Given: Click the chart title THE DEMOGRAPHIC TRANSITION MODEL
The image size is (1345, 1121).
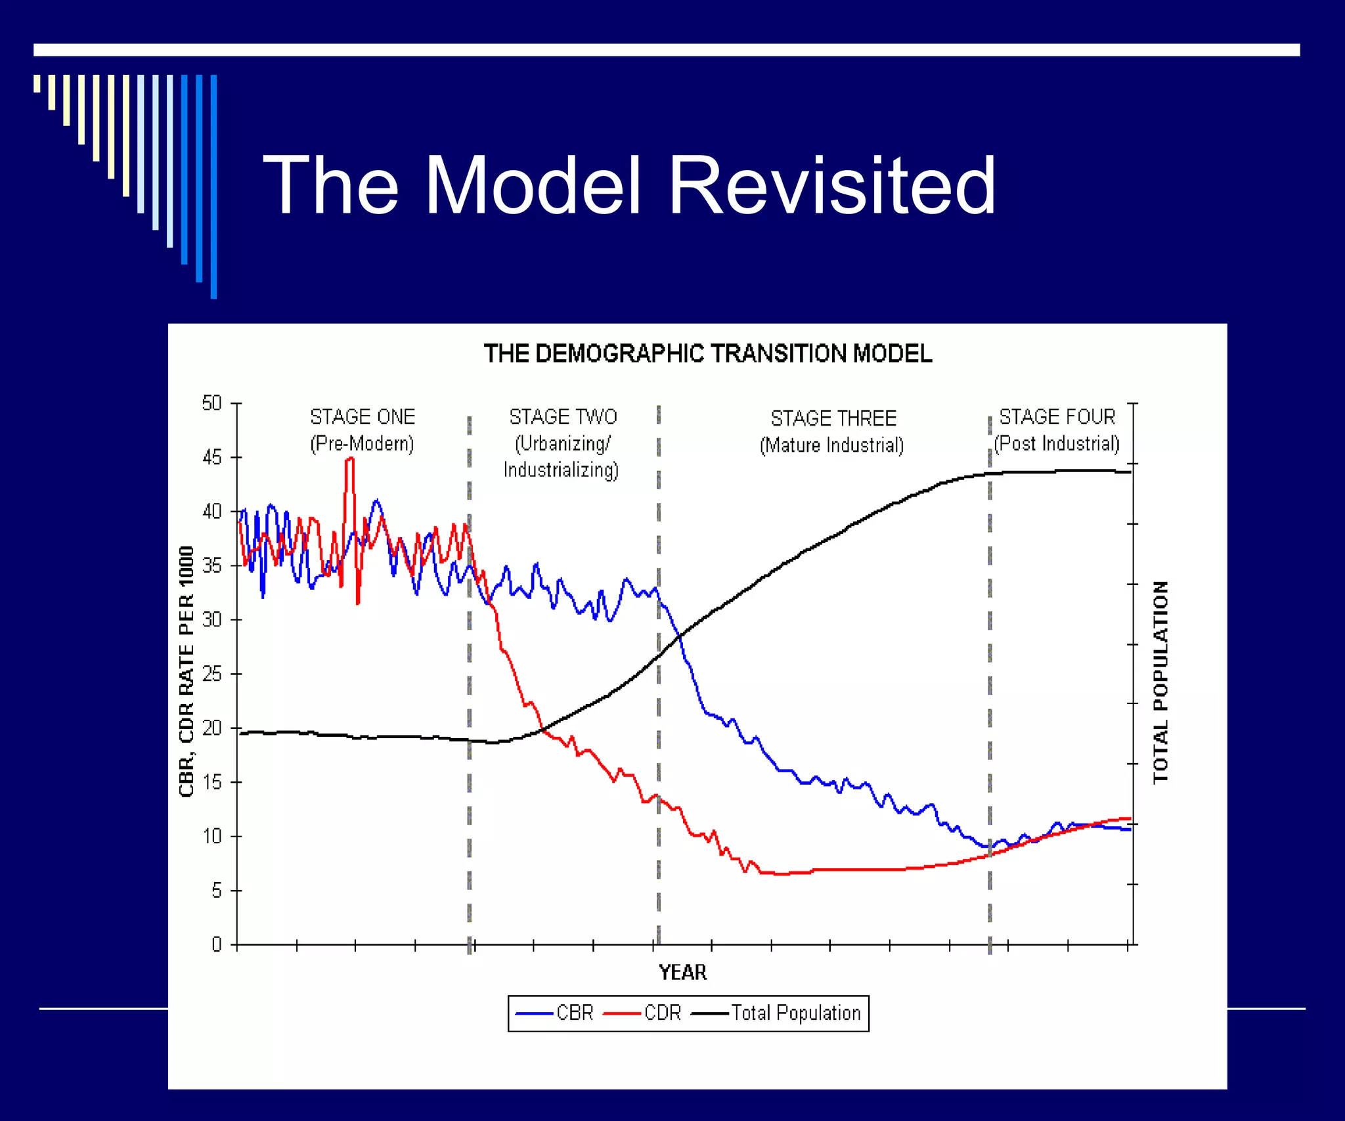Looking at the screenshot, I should point(707,354).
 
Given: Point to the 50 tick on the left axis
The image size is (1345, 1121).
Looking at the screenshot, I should point(212,403).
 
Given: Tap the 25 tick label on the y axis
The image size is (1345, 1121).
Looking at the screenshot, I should point(212,674).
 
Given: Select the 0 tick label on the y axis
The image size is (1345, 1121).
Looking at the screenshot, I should point(216,944).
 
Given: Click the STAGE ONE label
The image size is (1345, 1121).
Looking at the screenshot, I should point(363,417).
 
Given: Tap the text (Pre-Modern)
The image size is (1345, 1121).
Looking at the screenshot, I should point(362,444).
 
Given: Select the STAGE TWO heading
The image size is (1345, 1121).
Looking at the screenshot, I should point(563,417).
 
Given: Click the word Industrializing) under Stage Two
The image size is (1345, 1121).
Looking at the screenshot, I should point(561,470).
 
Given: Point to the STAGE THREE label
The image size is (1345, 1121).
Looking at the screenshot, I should point(833,418).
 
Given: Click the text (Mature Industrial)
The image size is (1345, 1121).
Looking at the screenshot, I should point(831,445).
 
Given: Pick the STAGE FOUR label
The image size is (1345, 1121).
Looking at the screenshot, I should point(1057,417).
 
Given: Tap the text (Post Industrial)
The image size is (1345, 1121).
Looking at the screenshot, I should point(1057,444).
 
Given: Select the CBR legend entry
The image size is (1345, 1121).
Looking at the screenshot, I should point(556,1013).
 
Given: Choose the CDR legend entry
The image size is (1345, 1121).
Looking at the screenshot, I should point(643,1013).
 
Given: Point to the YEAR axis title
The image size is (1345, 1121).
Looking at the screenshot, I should point(682,973).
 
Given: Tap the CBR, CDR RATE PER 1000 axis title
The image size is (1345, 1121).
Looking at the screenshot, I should point(187,671).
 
